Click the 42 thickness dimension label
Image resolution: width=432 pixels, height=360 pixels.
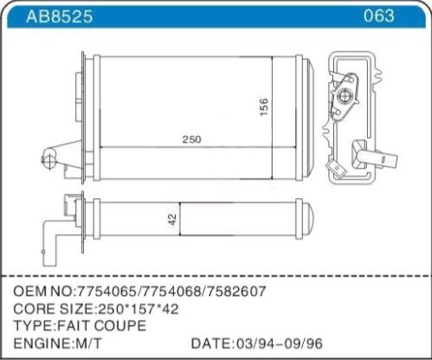click(x=172, y=220)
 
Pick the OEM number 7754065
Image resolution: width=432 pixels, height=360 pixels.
click(x=113, y=292)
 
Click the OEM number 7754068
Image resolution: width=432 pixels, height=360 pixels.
click(x=175, y=292)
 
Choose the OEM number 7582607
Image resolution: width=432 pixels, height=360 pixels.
click(x=236, y=292)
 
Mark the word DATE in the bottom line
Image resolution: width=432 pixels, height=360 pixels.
click(x=210, y=343)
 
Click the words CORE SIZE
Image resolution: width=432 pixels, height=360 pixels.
click(x=49, y=309)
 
